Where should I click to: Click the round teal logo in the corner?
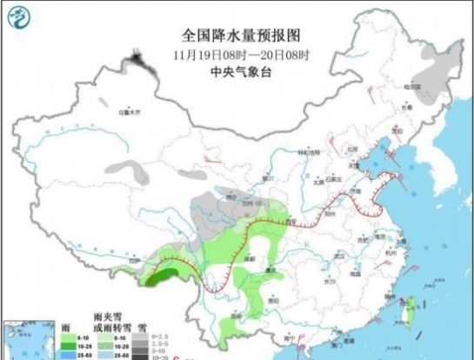19,18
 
